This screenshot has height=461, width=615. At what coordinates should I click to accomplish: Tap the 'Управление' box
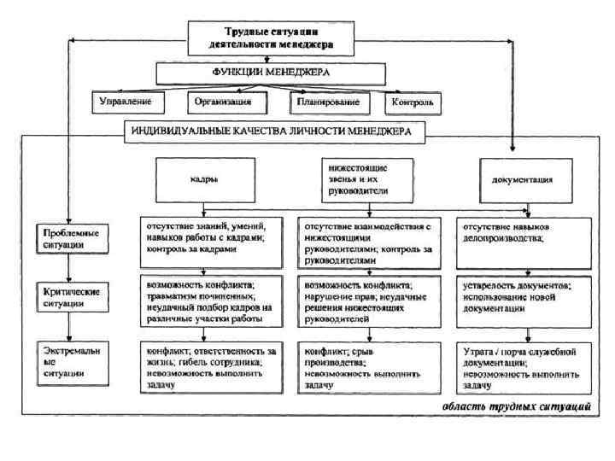(128, 102)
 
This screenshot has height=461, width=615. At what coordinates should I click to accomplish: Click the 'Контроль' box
(413, 103)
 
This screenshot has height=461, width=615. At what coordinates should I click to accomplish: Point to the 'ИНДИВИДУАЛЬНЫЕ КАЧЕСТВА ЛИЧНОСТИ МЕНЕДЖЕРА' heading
(272, 132)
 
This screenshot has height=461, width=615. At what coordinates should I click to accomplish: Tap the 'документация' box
(522, 180)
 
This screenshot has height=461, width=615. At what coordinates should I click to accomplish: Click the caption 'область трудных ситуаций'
(517, 406)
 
